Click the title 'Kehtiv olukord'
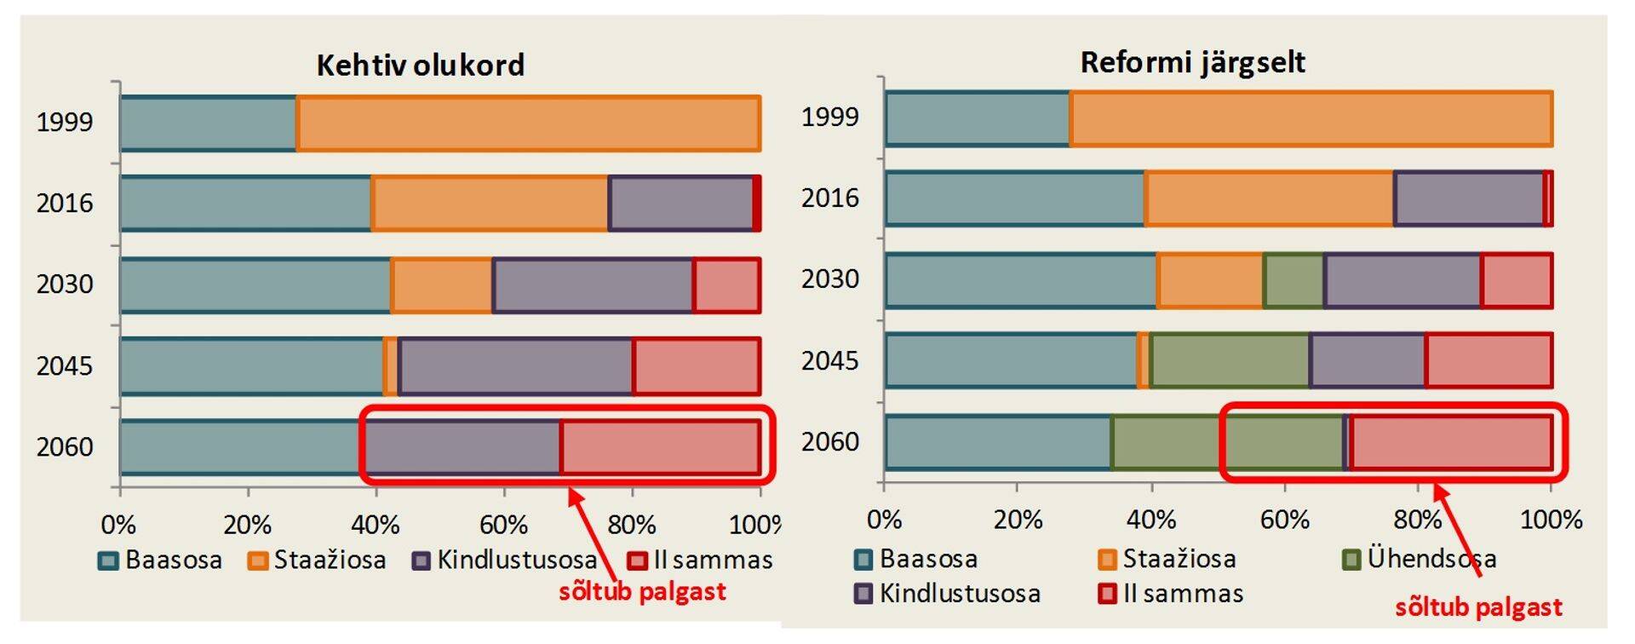pyautogui.click(x=420, y=66)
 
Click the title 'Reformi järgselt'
pyautogui.click(x=1192, y=62)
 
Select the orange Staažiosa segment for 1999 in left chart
pyautogui.click(x=528, y=124)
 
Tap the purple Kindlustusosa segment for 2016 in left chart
pyautogui.click(x=681, y=203)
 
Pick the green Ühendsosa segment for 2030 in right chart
pyautogui.click(x=1294, y=280)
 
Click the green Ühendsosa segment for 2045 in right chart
pyautogui.click(x=1230, y=360)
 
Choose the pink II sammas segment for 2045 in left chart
pyautogui.click(x=697, y=366)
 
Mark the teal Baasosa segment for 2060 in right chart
pyautogui.click(x=998, y=442)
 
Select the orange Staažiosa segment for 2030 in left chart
pyautogui.click(x=441, y=285)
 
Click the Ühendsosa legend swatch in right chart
pyautogui.click(x=1351, y=560)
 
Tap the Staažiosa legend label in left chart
pyautogui.click(x=330, y=560)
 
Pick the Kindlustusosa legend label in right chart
pyautogui.click(x=960, y=594)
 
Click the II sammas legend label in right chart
pyautogui.click(x=1183, y=594)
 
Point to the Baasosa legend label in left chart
pyautogui.click(x=174, y=560)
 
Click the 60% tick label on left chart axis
pyautogui.click(x=503, y=524)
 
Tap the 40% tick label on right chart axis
pyautogui.click(x=1151, y=520)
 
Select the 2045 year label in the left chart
pyautogui.click(x=65, y=366)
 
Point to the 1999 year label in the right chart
pyautogui.click(x=830, y=117)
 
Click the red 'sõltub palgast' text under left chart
pyautogui.click(x=642, y=591)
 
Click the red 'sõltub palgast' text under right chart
pyautogui.click(x=1478, y=607)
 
